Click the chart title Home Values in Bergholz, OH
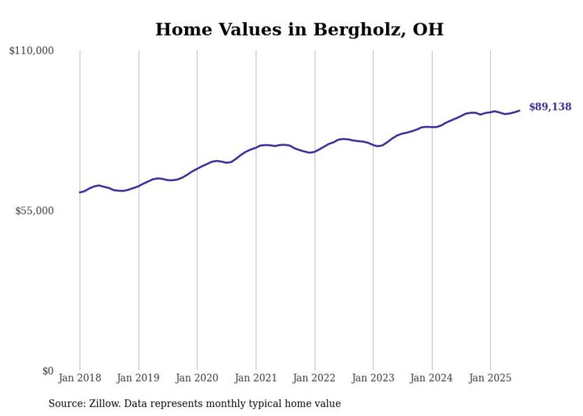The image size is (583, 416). pyautogui.click(x=299, y=29)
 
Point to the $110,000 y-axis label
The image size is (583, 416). pyautogui.click(x=32, y=51)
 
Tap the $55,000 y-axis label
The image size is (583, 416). pyautogui.click(x=35, y=211)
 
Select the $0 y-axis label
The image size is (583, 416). pyautogui.click(x=48, y=371)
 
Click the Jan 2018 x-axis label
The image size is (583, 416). pyautogui.click(x=80, y=378)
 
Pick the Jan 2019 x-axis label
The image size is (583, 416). pyautogui.click(x=139, y=378)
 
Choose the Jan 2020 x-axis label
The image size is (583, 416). pyautogui.click(x=197, y=378)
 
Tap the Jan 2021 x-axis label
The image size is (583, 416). pyautogui.click(x=256, y=378)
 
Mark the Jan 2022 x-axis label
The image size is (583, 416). pyautogui.click(x=315, y=378)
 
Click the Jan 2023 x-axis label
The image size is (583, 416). pyautogui.click(x=373, y=378)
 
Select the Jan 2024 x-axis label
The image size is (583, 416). pyautogui.click(x=432, y=378)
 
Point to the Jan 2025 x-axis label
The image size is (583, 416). pyautogui.click(x=490, y=378)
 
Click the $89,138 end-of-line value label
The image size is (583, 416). pyautogui.click(x=550, y=107)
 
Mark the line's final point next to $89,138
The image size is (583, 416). pyautogui.click(x=520, y=110)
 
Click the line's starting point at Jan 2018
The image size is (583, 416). pyautogui.click(x=80, y=192)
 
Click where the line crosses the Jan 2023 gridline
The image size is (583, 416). pyautogui.click(x=373, y=145)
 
